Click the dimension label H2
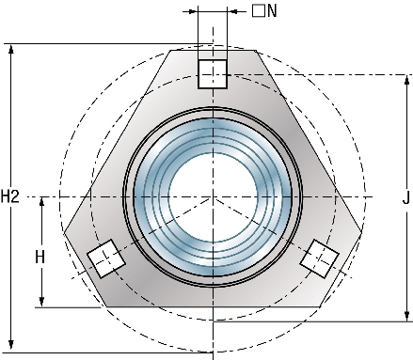(10, 196)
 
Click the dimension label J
(406, 197)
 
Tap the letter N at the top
(272, 11)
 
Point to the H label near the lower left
(40, 258)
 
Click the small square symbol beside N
(259, 10)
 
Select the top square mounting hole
(213, 74)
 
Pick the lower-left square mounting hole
(106, 258)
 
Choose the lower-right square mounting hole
(319, 258)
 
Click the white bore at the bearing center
(213, 196)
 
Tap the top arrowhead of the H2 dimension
(11, 49)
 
